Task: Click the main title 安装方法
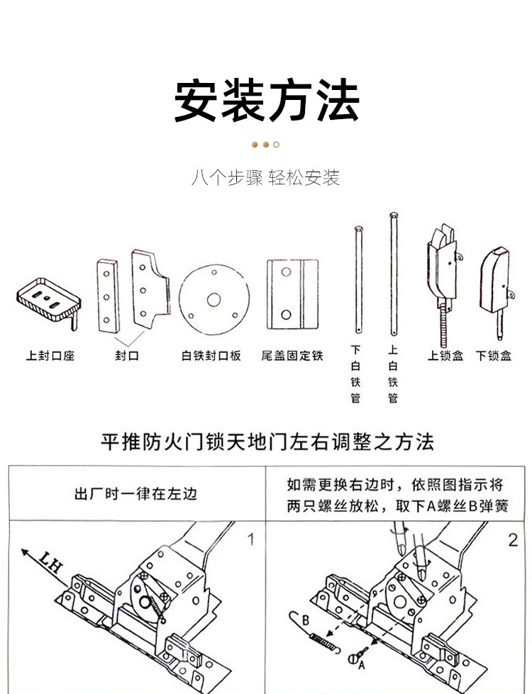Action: [266, 101]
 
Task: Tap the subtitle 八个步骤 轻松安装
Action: [266, 177]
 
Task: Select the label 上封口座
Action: [50, 355]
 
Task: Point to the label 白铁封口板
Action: [211, 355]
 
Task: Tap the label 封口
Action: [127, 355]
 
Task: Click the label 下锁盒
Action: [494, 355]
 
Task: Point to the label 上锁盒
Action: [445, 355]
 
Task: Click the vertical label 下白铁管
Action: [356, 374]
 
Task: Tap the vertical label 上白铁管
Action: [393, 374]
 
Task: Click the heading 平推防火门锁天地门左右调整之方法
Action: [267, 442]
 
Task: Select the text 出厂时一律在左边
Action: [136, 494]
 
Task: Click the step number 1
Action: [250, 540]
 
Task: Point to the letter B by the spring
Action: [305, 618]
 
